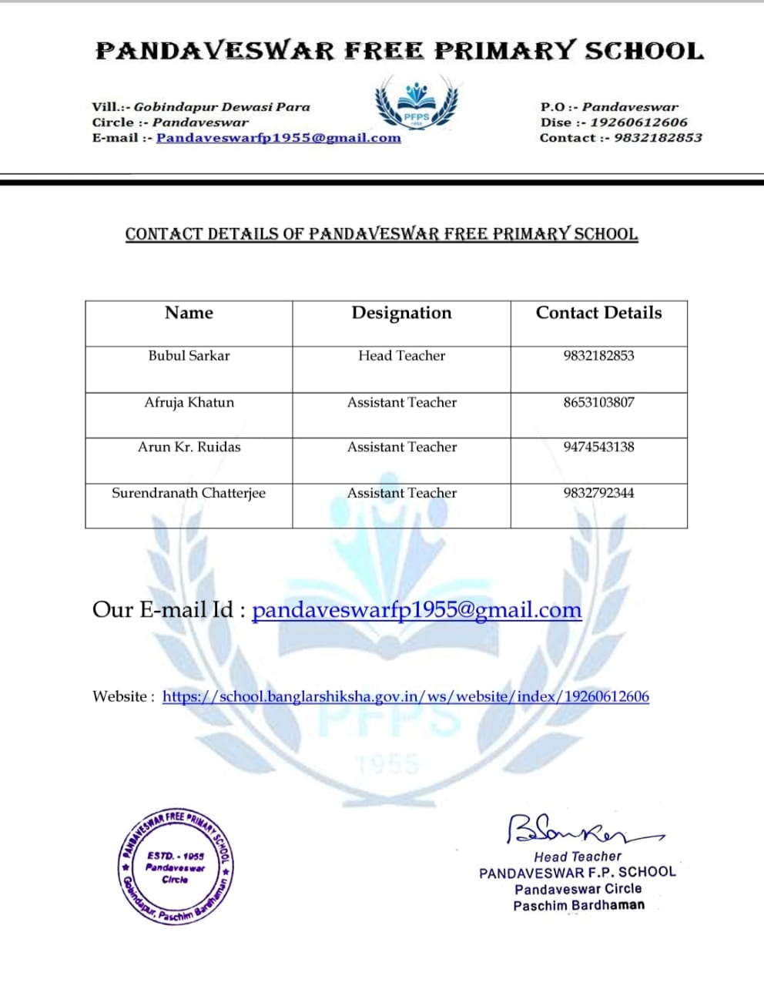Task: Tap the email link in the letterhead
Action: click(x=278, y=138)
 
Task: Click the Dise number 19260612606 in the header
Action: click(x=638, y=122)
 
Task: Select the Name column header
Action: click(x=189, y=313)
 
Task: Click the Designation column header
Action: click(x=401, y=313)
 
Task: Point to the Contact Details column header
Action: click(x=598, y=313)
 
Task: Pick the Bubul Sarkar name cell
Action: click(x=189, y=356)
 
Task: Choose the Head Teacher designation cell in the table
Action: click(x=401, y=356)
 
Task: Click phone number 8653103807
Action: click(x=598, y=402)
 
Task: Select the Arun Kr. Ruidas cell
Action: click(x=189, y=447)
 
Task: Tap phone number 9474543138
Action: click(x=598, y=447)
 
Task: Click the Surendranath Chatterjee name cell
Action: click(x=189, y=493)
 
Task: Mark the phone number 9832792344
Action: click(x=598, y=493)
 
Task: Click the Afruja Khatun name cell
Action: click(x=189, y=402)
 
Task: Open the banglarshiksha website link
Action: click(x=405, y=696)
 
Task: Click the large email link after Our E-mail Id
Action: click(x=417, y=610)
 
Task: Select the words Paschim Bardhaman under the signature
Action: click(x=579, y=906)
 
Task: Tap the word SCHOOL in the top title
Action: click(x=644, y=52)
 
